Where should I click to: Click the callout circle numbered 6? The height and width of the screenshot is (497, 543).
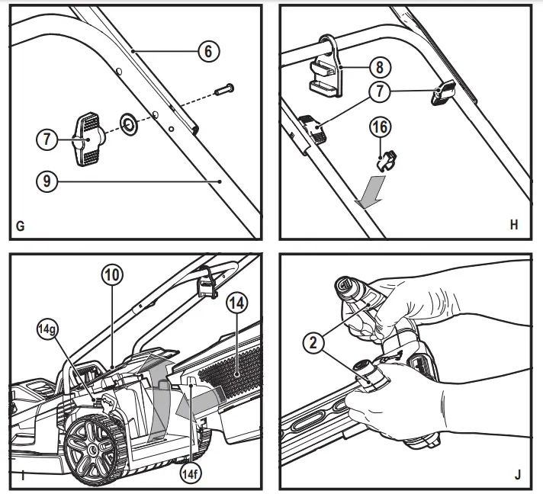tap(207, 51)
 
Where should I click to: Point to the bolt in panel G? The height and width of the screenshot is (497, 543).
tap(224, 91)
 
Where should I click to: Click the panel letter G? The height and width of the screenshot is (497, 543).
tap(20, 226)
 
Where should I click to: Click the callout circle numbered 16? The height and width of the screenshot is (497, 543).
tap(382, 127)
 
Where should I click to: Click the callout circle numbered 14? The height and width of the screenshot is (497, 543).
tap(236, 303)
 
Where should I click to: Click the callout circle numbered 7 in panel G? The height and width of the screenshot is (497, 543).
tap(48, 139)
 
